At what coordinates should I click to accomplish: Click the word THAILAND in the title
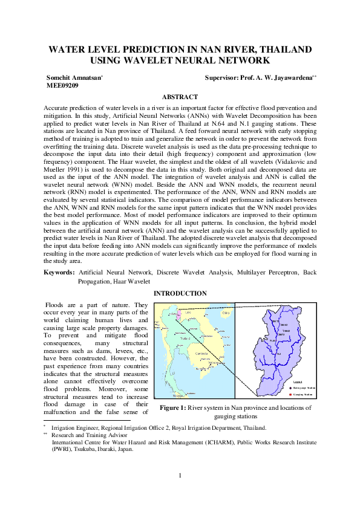tap(278, 49)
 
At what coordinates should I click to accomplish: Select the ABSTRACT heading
tap(180, 97)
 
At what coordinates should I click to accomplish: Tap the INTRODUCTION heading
tap(180, 293)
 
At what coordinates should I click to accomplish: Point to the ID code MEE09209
tap(62, 86)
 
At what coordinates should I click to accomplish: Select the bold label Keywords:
tap(59, 273)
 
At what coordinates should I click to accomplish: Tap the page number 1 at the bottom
tap(180, 475)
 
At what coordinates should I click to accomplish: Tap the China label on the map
tap(225, 313)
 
